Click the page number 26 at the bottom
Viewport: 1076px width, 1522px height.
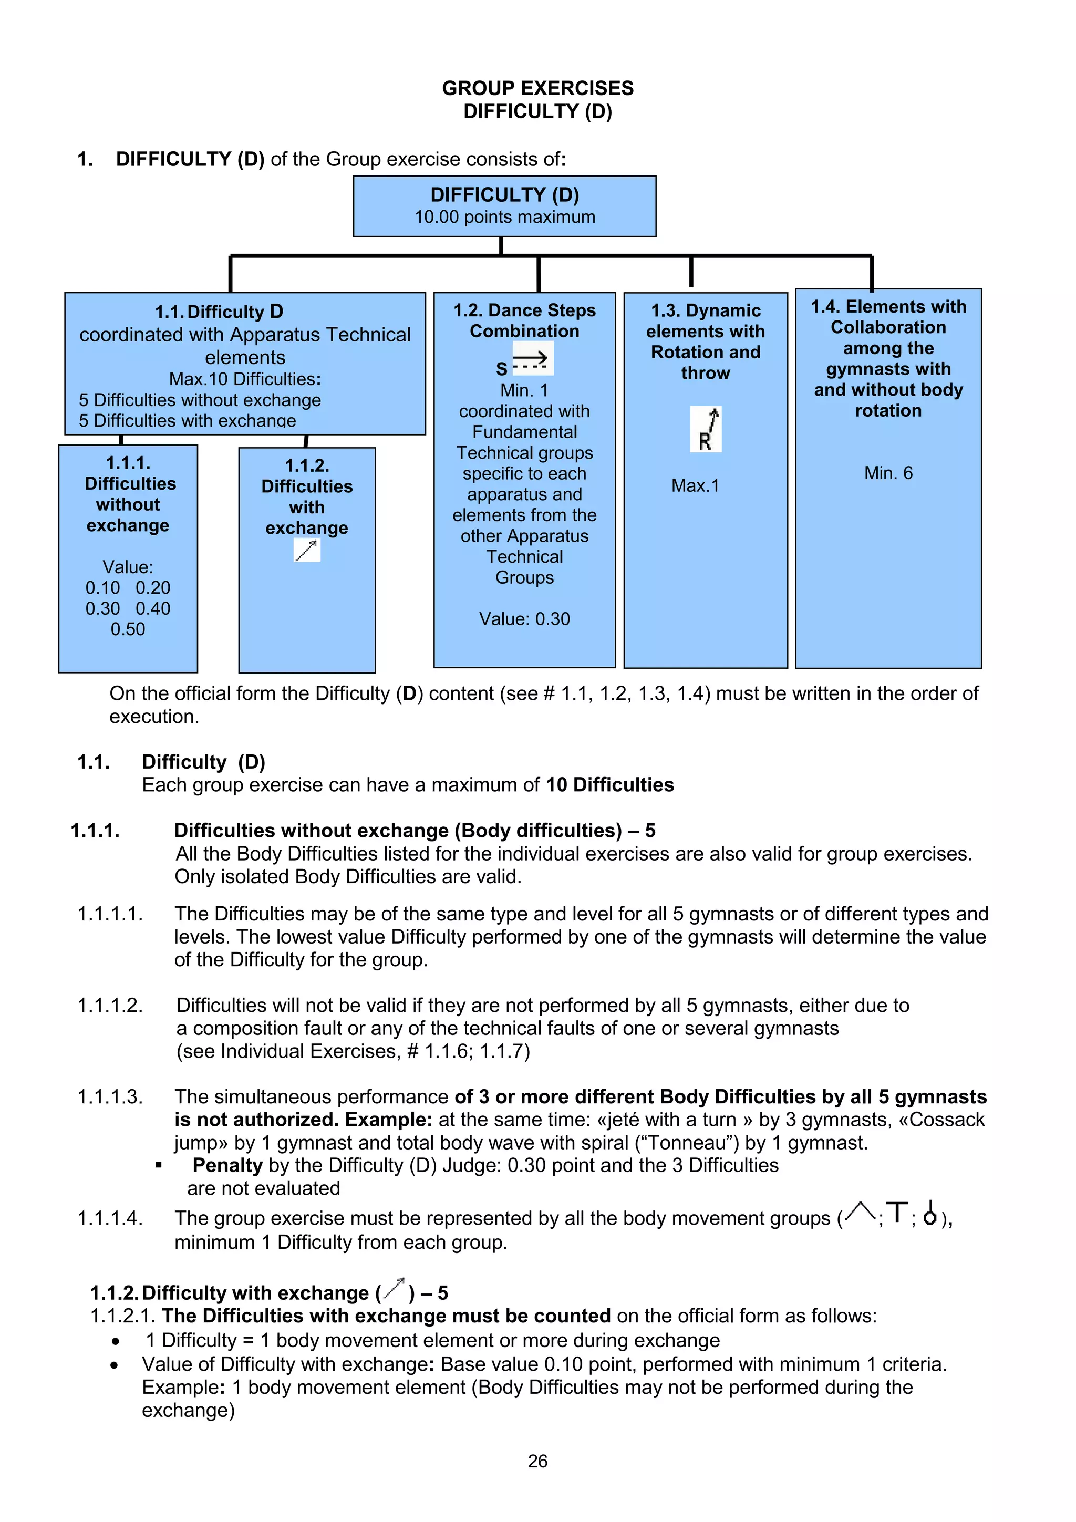537,1461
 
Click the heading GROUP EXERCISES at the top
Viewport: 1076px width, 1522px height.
537,88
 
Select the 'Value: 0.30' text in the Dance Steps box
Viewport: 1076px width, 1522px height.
524,618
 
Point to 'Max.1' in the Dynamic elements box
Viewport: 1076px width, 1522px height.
695,485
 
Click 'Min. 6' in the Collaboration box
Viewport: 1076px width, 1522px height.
888,473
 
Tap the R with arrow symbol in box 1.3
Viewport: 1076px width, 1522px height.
706,430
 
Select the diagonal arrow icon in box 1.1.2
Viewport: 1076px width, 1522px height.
307,550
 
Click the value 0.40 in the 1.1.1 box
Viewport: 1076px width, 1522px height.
152,608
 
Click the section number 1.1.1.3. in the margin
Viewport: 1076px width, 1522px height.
110,1096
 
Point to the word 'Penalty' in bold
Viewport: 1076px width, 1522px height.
227,1165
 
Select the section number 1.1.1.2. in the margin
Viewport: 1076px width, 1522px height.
110,1005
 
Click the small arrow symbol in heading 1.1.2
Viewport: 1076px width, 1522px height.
394,1288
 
